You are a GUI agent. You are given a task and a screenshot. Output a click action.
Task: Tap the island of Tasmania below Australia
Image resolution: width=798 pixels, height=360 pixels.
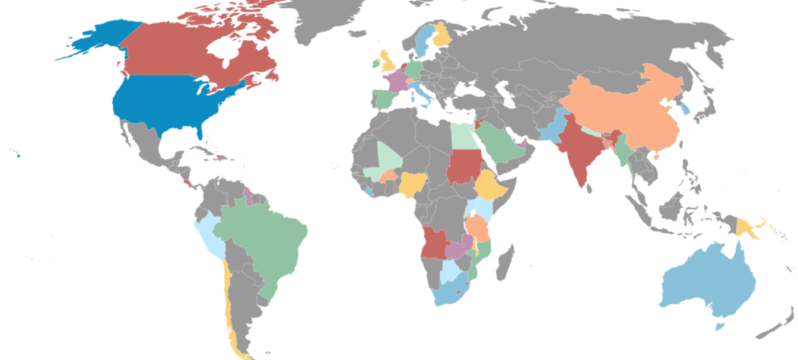[720, 326]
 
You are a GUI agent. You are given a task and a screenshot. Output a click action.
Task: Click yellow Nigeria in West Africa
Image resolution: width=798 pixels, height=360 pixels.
[411, 184]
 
